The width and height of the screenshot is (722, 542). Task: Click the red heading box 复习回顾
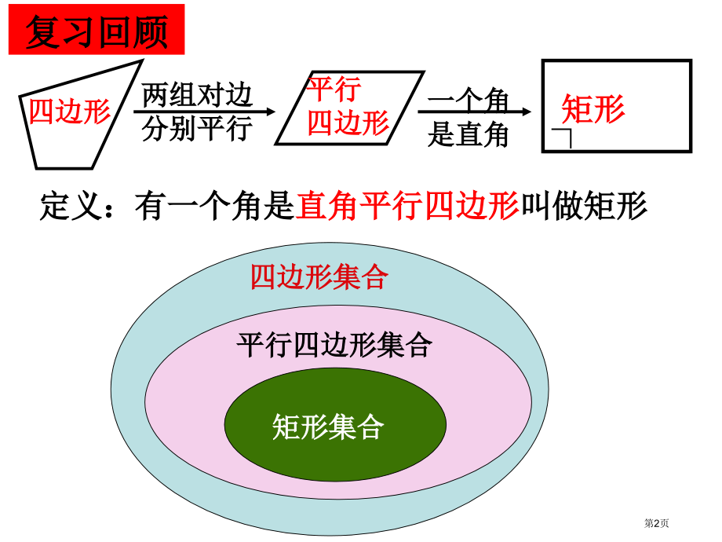point(97,30)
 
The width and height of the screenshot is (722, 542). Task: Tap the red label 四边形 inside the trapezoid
point(70,112)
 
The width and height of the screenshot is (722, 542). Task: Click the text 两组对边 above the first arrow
point(197,95)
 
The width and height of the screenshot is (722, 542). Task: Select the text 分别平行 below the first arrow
point(197,128)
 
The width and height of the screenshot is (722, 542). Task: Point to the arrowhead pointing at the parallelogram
point(271,112)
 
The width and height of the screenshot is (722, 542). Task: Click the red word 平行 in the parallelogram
point(334,89)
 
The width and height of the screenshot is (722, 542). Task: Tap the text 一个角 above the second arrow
point(468,100)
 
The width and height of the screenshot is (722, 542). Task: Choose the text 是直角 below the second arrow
point(468,134)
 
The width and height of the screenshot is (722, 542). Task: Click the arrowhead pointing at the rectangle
point(527,112)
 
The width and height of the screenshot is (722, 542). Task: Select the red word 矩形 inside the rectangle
point(593,109)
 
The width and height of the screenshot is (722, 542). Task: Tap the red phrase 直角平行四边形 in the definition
point(407,206)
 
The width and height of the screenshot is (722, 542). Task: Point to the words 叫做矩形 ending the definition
point(584,206)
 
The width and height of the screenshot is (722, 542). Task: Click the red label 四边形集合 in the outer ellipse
point(319,276)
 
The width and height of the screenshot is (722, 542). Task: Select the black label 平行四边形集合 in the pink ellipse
point(335,345)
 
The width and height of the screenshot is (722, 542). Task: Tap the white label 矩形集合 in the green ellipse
point(328,427)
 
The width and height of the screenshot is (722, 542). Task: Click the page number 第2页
point(656,523)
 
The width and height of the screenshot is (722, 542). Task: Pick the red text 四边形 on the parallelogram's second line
point(348,123)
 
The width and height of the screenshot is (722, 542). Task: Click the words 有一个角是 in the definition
point(214,206)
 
